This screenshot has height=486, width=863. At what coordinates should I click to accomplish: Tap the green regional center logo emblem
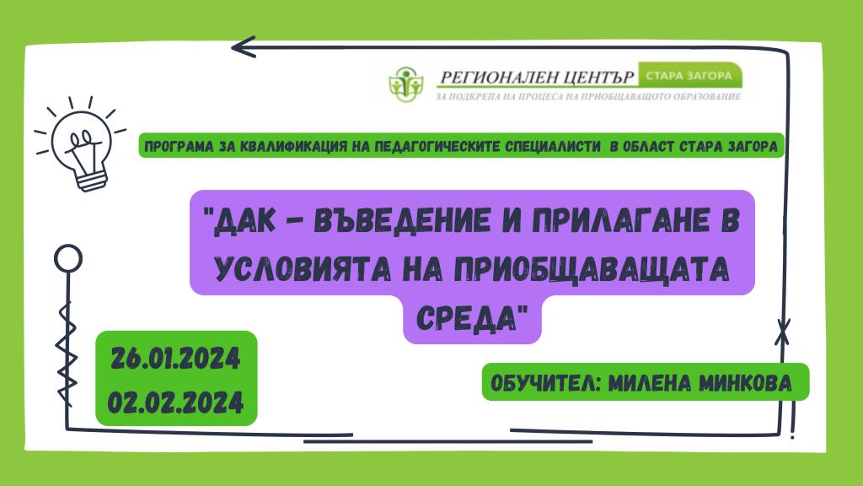[x=406, y=84]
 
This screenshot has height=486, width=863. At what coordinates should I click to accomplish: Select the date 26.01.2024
[x=175, y=359]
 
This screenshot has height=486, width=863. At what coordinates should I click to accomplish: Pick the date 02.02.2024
[x=175, y=402]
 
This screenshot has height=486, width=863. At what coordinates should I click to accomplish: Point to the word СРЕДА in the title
[x=469, y=317]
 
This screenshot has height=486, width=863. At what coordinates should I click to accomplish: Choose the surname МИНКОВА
[x=745, y=383]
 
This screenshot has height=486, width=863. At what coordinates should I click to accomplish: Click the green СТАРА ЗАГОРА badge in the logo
[x=690, y=75]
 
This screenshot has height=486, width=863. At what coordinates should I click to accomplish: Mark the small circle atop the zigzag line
[x=68, y=258]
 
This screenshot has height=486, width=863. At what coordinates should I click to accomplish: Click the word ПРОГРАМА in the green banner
[x=177, y=147]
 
